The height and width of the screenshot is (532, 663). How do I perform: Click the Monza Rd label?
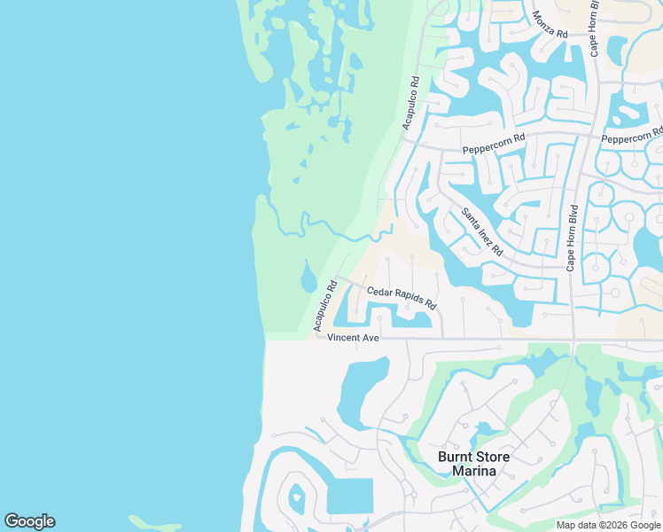(x=550, y=23)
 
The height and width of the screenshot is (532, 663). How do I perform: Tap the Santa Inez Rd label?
(x=481, y=231)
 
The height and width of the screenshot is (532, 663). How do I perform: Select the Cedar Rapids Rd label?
(x=402, y=297)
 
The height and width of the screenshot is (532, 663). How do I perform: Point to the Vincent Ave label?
(x=353, y=338)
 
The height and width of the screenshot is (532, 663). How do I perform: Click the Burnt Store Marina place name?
(x=474, y=464)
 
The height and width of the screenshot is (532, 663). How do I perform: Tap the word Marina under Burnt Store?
(x=474, y=471)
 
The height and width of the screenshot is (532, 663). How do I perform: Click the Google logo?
(x=29, y=521)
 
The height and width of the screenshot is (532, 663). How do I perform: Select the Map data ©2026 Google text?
(x=608, y=525)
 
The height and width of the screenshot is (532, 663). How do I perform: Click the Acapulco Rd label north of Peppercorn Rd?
(x=410, y=103)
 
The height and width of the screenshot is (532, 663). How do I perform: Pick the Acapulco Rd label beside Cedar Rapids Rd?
(x=325, y=307)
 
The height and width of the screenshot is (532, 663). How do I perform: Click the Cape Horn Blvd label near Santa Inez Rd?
(x=573, y=238)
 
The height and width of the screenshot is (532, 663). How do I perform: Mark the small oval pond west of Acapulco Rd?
(x=308, y=278)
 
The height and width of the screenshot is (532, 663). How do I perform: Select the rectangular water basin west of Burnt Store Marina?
(x=349, y=497)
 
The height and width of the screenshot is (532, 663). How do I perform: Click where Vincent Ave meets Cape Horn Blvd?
(x=573, y=339)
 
